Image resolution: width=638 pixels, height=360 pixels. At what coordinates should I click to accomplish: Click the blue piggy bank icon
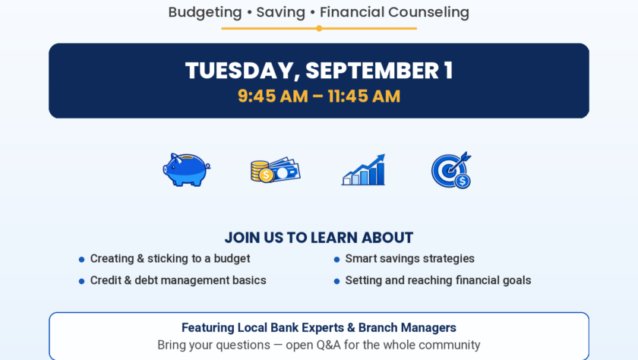tap(186, 169)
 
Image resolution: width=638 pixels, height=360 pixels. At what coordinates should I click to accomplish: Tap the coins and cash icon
tap(276, 169)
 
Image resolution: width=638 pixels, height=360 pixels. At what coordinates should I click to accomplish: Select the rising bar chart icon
tap(363, 169)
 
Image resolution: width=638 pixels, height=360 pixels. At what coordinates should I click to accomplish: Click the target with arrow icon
tap(451, 169)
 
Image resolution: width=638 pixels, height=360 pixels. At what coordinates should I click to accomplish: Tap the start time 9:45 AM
tap(273, 96)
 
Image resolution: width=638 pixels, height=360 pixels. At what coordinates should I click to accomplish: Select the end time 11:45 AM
tap(364, 96)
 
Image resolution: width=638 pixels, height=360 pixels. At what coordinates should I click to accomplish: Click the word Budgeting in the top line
tap(205, 13)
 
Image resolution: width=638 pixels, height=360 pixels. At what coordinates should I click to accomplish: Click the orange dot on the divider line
tap(320, 28)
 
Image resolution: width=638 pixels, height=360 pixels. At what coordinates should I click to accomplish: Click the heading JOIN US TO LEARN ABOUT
tap(319, 238)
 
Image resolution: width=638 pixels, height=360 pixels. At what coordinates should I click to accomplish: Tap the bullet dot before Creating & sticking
tap(82, 260)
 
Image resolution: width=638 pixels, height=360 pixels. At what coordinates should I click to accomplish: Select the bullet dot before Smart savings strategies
tap(337, 260)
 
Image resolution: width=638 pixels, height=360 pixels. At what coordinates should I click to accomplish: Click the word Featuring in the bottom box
tap(208, 328)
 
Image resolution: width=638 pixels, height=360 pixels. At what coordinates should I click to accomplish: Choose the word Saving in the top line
tap(281, 13)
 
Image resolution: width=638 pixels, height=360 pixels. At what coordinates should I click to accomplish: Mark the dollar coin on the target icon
tap(463, 181)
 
